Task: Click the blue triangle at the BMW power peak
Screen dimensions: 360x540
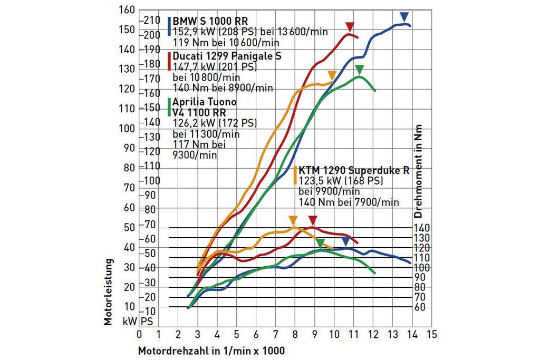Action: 404,16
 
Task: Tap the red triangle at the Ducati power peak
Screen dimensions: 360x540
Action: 349,26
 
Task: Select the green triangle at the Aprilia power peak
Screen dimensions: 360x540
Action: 360,69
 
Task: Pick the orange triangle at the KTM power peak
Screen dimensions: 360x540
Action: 332,75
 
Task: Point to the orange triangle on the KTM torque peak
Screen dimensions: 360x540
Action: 293,220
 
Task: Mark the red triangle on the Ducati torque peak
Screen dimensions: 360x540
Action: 313,220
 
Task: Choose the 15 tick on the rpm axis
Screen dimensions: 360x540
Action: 432,334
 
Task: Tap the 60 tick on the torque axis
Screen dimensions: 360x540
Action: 420,307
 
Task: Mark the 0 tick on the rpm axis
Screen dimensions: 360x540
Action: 139,334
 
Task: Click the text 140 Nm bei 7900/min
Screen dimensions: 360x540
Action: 349,201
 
